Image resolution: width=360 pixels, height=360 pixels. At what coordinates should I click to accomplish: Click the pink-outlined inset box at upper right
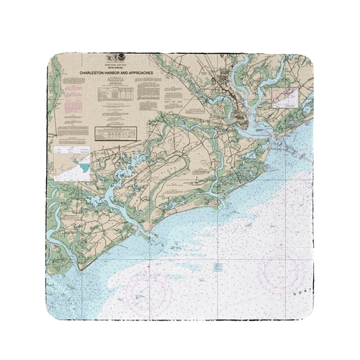pyautogui.click(x=284, y=96)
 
